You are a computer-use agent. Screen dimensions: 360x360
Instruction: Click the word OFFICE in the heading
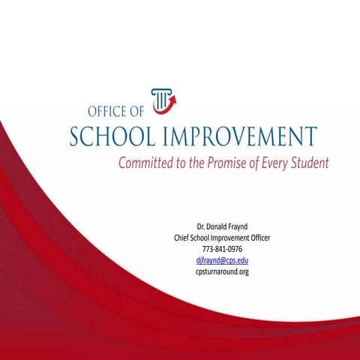point(111,112)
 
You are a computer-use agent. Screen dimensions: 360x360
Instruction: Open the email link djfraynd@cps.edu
point(222,260)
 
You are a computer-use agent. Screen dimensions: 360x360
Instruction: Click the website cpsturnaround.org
point(222,271)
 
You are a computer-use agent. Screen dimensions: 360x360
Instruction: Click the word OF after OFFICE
point(140,112)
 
